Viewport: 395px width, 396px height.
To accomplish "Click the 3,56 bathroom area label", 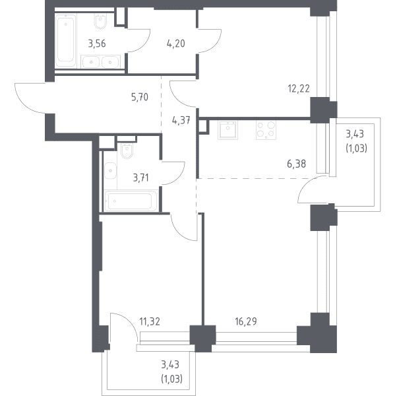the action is pyautogui.click(x=97, y=44).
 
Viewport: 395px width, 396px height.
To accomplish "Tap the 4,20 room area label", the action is pyautogui.click(x=175, y=44).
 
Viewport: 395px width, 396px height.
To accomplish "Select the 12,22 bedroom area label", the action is pyautogui.click(x=299, y=88).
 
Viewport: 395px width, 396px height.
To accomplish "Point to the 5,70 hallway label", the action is pyautogui.click(x=140, y=97).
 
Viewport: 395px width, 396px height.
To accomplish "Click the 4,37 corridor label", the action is pyautogui.click(x=181, y=120).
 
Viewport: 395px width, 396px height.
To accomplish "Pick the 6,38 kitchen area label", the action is pyautogui.click(x=296, y=164).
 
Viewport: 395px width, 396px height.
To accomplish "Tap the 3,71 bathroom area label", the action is pyautogui.click(x=141, y=178).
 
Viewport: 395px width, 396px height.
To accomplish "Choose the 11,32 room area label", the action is pyautogui.click(x=150, y=321).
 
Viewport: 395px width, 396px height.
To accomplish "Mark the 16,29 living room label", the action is pyautogui.click(x=246, y=321).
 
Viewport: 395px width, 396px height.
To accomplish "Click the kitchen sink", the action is pyautogui.click(x=228, y=130).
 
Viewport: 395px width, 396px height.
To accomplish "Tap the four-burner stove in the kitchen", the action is pyautogui.click(x=266, y=130).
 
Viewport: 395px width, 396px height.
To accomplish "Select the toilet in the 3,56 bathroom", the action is pyautogui.click(x=100, y=21).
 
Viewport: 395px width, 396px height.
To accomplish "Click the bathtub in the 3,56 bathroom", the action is pyautogui.click(x=66, y=40).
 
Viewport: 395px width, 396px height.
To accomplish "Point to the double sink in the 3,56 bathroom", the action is pyautogui.click(x=100, y=61).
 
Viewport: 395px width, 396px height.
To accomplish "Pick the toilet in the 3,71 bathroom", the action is pyautogui.click(x=127, y=151).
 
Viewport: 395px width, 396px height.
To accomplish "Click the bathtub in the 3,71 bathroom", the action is pyautogui.click(x=130, y=201).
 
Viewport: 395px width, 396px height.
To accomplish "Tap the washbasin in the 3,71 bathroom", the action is pyautogui.click(x=111, y=171).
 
